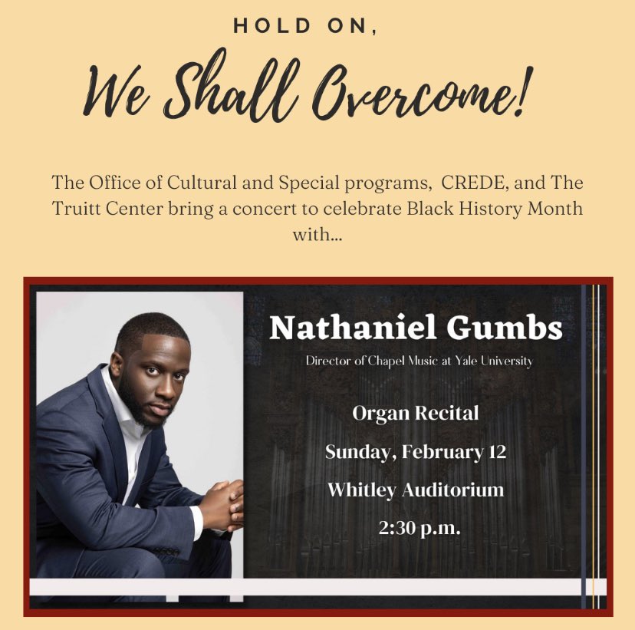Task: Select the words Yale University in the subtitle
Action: point(492,361)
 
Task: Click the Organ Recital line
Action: point(415,414)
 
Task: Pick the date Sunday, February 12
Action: point(415,451)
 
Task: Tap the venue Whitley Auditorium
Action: point(415,489)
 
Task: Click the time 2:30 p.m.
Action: point(415,527)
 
